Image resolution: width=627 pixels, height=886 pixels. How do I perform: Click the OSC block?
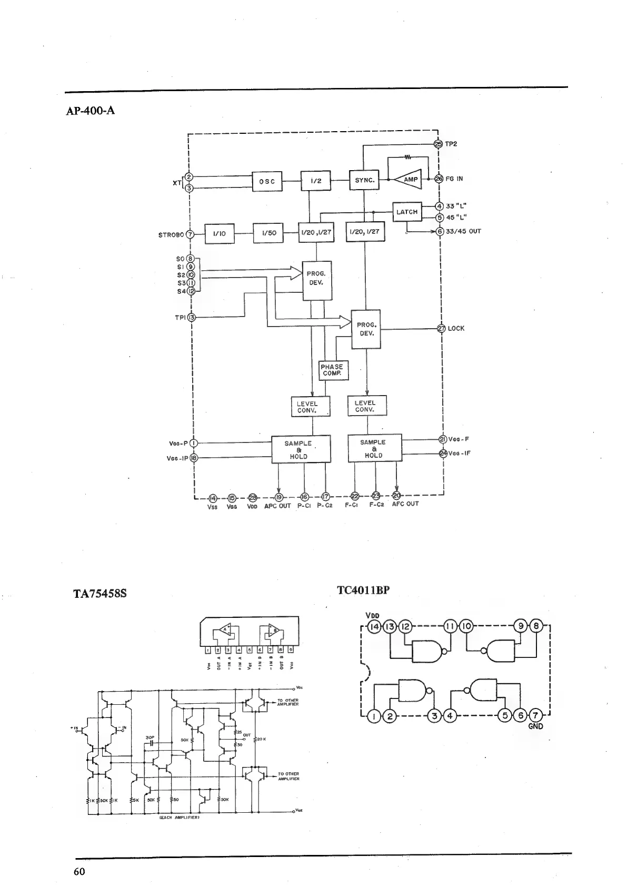[x=267, y=181]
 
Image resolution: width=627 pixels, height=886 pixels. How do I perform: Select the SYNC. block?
[x=364, y=180]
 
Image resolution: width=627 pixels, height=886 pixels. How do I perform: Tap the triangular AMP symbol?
[x=409, y=180]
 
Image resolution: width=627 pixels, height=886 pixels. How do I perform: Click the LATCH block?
[x=406, y=212]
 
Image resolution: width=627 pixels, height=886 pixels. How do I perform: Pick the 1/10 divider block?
[x=219, y=233]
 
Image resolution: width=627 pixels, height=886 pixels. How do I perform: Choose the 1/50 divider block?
[x=268, y=233]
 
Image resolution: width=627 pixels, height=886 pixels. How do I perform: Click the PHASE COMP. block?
[x=332, y=370]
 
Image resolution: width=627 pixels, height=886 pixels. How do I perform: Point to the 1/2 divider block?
[x=316, y=181]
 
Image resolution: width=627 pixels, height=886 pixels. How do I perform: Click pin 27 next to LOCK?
[x=441, y=328]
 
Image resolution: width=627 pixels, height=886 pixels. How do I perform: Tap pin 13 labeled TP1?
[x=192, y=317]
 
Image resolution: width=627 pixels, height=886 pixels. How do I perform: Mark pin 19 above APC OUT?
[x=279, y=497]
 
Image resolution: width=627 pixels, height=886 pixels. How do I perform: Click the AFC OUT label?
[x=405, y=504]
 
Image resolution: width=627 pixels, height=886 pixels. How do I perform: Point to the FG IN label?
[x=454, y=179]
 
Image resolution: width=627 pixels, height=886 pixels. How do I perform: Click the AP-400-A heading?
[x=90, y=111]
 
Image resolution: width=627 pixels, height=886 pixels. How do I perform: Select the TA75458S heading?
[x=100, y=594]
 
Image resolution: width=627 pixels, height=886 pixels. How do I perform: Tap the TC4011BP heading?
[x=363, y=590]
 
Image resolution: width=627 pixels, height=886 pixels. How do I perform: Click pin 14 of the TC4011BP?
[x=374, y=627]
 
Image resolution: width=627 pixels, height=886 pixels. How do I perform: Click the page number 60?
[x=79, y=871]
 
